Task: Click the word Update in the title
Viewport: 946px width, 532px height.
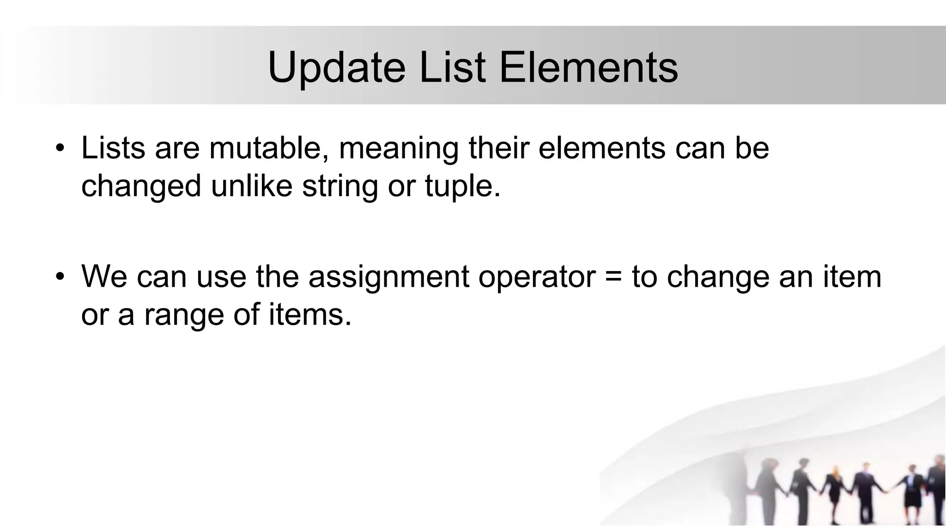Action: coord(336,67)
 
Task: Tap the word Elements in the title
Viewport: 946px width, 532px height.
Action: coord(588,67)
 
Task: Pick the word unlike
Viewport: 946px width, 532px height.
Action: coord(252,186)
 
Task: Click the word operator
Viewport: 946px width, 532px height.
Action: coord(537,278)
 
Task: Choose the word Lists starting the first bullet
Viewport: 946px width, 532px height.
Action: coord(113,148)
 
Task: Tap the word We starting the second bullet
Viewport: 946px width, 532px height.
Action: coord(104,277)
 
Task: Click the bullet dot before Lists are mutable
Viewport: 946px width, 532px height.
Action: coord(60,149)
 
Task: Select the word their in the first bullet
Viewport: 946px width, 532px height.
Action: coord(499,148)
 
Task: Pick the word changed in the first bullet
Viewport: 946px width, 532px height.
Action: coord(141,186)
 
